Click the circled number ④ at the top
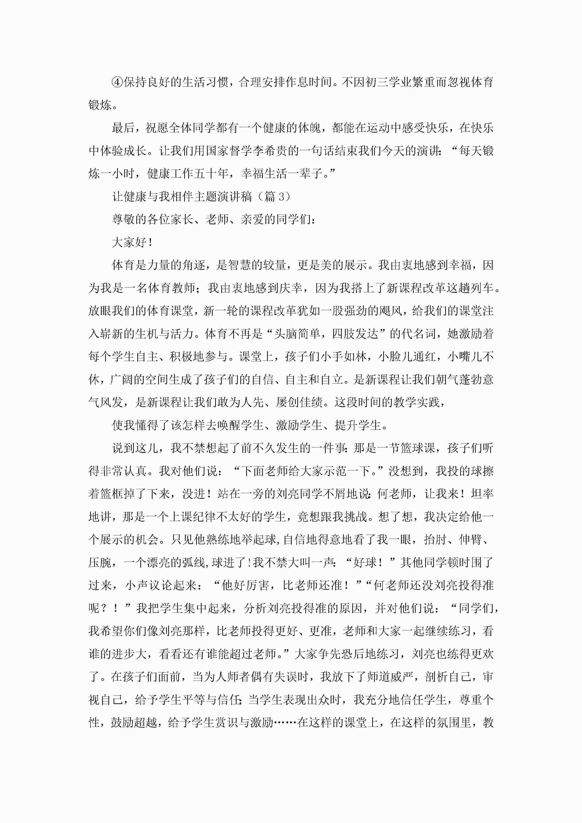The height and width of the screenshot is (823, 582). pos(118,82)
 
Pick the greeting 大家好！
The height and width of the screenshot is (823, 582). pos(133,243)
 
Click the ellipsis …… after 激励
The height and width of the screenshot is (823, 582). pos(285,723)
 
